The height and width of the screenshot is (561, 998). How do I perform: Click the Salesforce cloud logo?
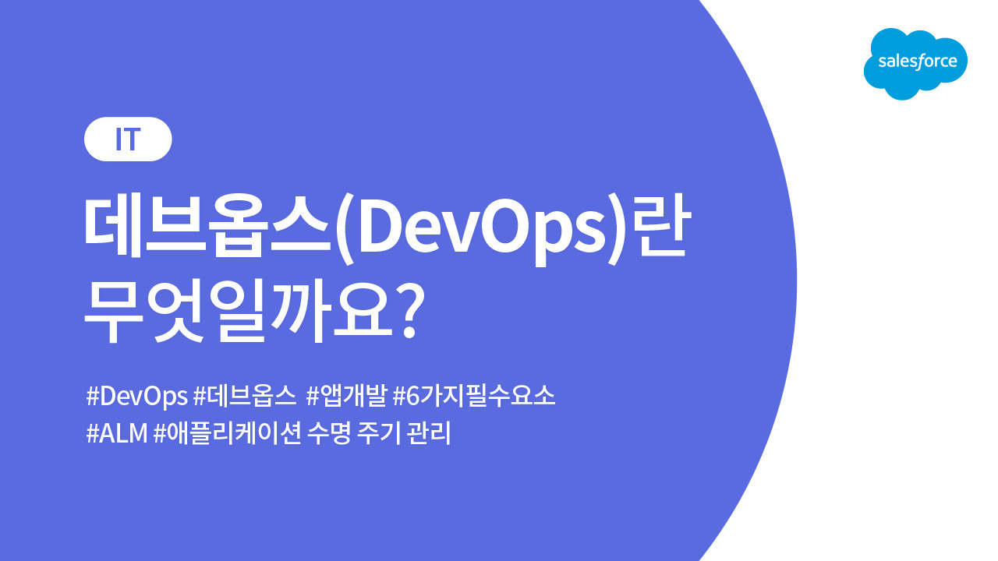point(915,64)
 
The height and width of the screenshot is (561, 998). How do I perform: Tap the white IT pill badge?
point(128,139)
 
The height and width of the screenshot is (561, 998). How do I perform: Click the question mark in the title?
point(409,312)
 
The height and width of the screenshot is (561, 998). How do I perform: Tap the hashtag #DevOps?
point(136,396)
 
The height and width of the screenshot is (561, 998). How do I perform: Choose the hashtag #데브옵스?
point(245,395)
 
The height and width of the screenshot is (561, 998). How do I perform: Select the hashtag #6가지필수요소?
point(474,395)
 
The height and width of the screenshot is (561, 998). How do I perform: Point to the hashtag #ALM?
point(117,432)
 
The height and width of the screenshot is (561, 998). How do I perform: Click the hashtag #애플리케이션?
point(228,432)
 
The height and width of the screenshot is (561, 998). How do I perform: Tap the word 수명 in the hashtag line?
point(329,432)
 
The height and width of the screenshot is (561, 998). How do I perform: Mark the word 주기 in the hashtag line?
point(379,432)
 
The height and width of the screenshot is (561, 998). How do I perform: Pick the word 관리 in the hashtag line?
point(429,432)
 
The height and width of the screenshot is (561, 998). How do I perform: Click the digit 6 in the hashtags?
point(412,396)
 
